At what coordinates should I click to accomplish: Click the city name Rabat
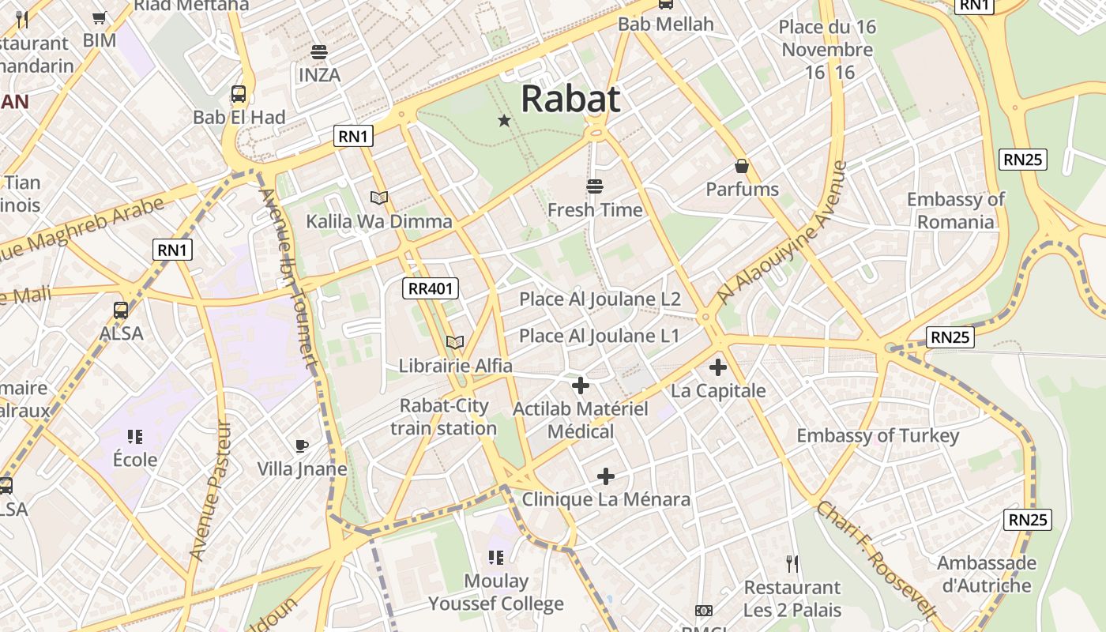tap(570, 100)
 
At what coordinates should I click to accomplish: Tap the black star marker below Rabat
tap(504, 120)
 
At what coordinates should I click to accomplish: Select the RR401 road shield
tap(431, 288)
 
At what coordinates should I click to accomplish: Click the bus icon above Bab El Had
tap(239, 94)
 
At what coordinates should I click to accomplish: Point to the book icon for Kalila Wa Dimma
tap(379, 197)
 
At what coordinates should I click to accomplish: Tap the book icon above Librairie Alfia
tap(455, 342)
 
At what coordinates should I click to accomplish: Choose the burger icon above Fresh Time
tap(595, 186)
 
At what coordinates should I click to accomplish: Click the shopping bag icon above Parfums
tap(742, 166)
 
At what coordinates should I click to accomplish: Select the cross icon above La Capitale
tap(718, 367)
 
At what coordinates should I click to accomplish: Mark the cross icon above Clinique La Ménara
tap(606, 476)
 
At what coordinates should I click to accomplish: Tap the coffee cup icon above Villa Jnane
tap(302, 446)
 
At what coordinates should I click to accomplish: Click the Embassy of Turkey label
tap(878, 435)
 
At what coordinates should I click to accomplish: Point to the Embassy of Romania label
tap(955, 210)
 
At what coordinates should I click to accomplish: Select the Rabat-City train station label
tap(443, 417)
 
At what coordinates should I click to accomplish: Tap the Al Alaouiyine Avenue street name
tap(781, 233)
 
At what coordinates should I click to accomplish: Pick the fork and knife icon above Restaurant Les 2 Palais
tap(792, 564)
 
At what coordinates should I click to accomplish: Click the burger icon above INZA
tap(319, 52)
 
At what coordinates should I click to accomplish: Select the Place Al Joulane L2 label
tap(600, 299)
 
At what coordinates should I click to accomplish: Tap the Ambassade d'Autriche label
tap(986, 574)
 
